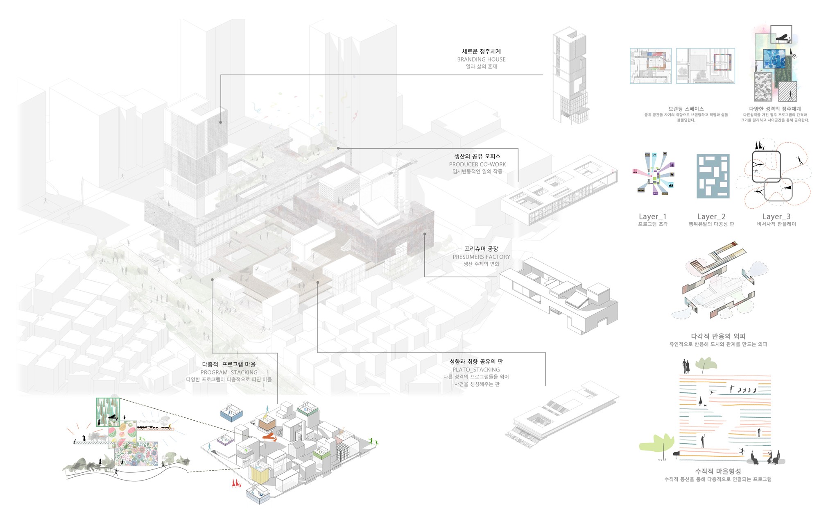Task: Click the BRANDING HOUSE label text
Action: pyautogui.click(x=481, y=59)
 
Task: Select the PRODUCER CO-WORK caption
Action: pyautogui.click(x=477, y=164)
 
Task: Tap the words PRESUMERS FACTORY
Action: pyautogui.click(x=481, y=257)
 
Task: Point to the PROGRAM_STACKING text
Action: pyautogui.click(x=229, y=372)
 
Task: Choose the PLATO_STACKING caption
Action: pyautogui.click(x=476, y=369)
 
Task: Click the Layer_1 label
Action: pyautogui.click(x=653, y=216)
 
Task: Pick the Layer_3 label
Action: pyautogui.click(x=776, y=216)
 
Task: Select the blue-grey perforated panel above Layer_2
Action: pyautogui.click(x=713, y=176)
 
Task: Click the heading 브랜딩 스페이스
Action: pyautogui.click(x=686, y=109)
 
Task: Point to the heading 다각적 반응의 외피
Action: pyautogui.click(x=718, y=336)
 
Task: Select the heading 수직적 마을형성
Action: pyautogui.click(x=718, y=471)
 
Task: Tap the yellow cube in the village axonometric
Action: pyautogui.click(x=259, y=474)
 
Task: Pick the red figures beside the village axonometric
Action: pyautogui.click(x=236, y=483)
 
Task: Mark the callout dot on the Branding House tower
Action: pyautogui.click(x=220, y=122)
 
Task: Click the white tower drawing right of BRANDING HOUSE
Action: pyautogui.click(x=570, y=76)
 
